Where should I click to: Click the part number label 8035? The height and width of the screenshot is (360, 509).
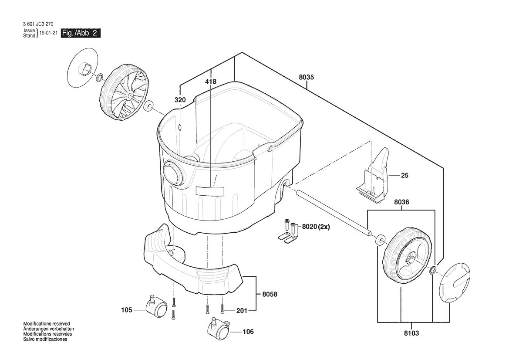[306, 77]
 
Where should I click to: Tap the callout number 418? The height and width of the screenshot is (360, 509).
[211, 82]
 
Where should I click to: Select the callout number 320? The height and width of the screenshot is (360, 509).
[180, 100]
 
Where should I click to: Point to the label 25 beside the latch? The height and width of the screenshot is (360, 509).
[405, 176]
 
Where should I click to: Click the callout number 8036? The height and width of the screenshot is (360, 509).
[401, 202]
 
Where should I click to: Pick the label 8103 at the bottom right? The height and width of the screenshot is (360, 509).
[411, 333]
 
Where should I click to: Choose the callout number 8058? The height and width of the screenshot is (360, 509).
[270, 294]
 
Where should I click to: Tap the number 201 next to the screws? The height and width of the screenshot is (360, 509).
[242, 311]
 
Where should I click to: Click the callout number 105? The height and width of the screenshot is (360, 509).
[127, 310]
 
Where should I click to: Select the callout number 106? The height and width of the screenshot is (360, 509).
[248, 332]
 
